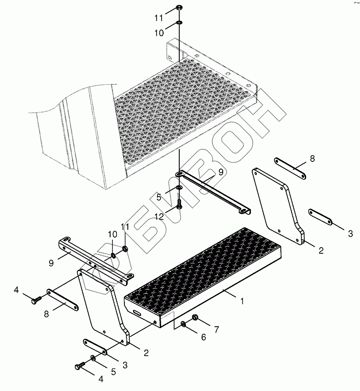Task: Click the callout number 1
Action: (x=242, y=301)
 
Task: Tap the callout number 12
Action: (x=159, y=216)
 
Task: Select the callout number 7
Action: (x=216, y=330)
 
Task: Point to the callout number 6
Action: (x=204, y=337)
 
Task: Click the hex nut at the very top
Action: (x=179, y=7)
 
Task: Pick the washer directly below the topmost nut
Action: (x=179, y=23)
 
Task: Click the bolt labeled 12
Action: (x=179, y=203)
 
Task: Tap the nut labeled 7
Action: (x=195, y=317)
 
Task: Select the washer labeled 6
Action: (x=183, y=324)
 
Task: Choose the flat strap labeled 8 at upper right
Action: (x=290, y=168)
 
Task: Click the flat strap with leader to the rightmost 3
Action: (x=320, y=217)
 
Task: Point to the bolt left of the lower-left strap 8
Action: (x=37, y=300)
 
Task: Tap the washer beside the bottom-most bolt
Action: (x=93, y=358)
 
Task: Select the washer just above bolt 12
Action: (x=179, y=187)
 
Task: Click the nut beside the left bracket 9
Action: (x=125, y=249)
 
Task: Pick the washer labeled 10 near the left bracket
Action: (x=113, y=255)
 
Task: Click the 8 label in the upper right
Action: (x=312, y=159)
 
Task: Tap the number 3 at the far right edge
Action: (x=350, y=233)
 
